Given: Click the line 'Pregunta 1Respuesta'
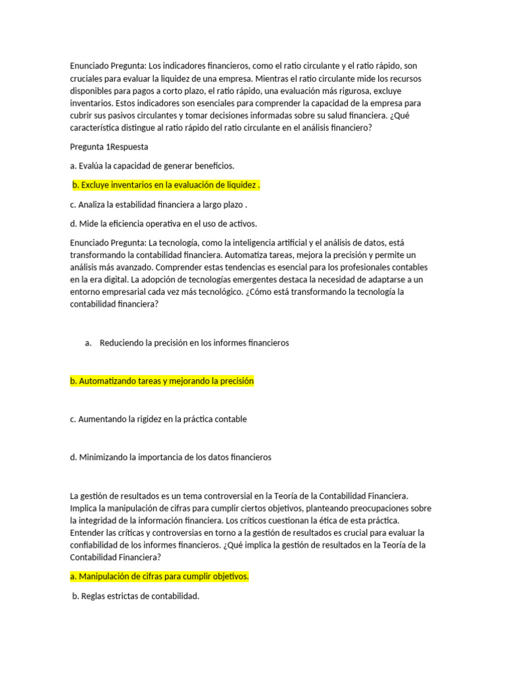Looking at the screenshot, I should [109, 147].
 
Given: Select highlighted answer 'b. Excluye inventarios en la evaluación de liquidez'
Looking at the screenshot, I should [166, 185].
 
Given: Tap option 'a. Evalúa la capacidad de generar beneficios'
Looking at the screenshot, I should [152, 166].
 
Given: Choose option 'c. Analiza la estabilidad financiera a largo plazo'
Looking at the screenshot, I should [158, 204].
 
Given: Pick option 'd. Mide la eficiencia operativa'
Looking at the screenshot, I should [163, 223].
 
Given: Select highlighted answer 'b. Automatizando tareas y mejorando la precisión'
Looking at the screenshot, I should [162, 381].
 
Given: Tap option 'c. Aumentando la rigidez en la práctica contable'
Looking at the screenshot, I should [158, 419].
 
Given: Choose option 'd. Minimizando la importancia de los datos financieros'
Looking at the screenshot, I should [170, 457].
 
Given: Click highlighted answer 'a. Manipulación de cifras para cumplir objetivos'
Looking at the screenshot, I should [159, 577].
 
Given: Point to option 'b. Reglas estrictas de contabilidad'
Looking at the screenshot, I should [135, 596].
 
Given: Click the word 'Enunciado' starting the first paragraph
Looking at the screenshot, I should [90, 66].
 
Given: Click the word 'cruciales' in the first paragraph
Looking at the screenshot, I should [87, 78].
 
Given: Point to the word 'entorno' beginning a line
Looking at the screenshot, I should [85, 292].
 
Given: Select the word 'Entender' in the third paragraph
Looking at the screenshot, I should [87, 532].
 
